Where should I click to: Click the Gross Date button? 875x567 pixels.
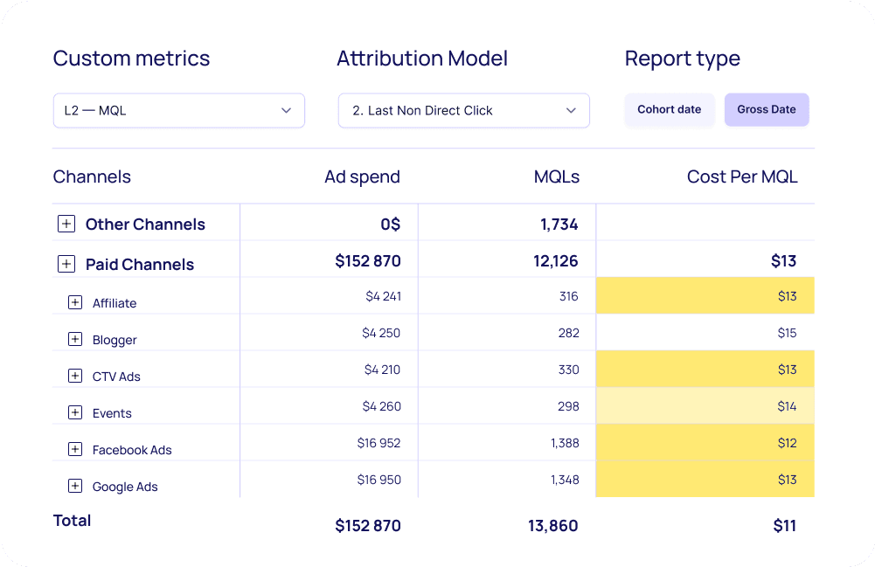(x=766, y=110)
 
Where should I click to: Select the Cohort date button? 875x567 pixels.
(x=669, y=110)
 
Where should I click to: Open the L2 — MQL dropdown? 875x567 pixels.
(x=178, y=111)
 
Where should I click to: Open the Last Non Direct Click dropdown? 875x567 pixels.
(x=463, y=111)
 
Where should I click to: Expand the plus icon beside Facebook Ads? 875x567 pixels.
(x=75, y=449)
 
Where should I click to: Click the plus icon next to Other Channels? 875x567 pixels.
(x=66, y=224)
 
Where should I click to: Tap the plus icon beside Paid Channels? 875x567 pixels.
(x=66, y=264)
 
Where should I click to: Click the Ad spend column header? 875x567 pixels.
(x=362, y=176)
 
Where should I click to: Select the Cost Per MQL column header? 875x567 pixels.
(x=741, y=176)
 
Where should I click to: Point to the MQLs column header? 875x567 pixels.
(x=556, y=176)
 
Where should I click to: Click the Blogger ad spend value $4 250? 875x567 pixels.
(x=381, y=333)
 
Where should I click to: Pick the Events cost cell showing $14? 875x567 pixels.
(x=787, y=406)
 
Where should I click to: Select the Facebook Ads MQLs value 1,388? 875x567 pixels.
(x=565, y=443)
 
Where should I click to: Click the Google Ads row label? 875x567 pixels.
(x=125, y=487)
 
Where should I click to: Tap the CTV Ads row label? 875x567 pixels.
(x=116, y=377)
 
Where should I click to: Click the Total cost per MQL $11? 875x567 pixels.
(x=784, y=525)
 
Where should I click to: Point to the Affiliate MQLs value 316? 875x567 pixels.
(x=568, y=296)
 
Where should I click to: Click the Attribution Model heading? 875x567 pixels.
(x=422, y=59)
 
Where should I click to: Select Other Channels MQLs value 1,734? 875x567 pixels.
(x=559, y=225)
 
